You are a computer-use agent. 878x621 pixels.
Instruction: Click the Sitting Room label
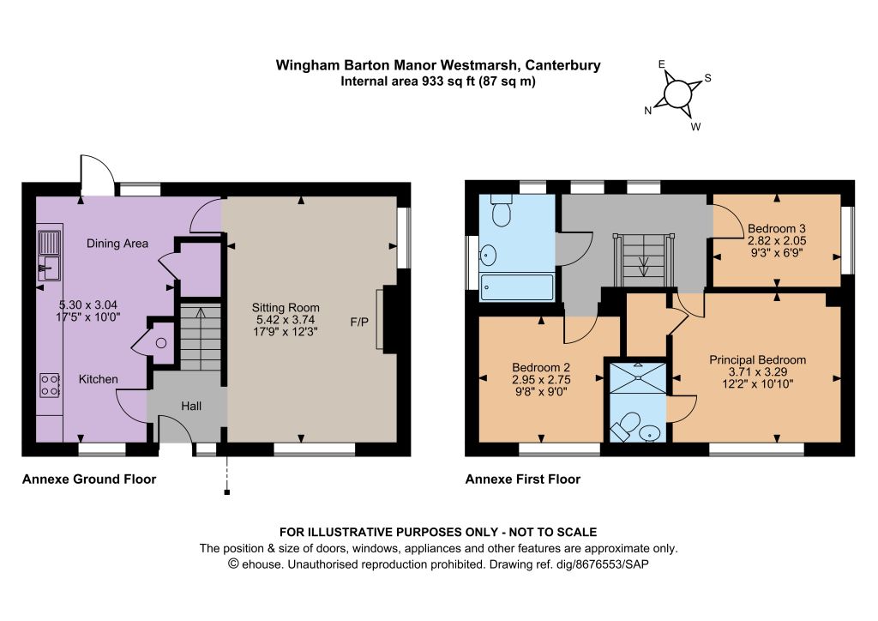286,307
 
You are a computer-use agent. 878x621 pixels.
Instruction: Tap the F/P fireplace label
359,322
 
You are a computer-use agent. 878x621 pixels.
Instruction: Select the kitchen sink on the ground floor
49,256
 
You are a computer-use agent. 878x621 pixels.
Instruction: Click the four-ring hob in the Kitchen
50,385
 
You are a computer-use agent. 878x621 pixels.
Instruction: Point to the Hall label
191,406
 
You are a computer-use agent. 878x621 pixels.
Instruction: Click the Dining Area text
117,244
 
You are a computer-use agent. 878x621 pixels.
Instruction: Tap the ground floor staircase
201,337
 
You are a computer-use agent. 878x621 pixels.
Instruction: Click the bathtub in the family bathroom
516,286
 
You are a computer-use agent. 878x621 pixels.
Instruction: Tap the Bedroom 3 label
777,228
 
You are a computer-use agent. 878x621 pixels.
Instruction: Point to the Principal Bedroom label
758,360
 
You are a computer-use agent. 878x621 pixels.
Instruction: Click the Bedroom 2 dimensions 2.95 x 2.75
542,380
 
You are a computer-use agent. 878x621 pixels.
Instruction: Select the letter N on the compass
648,111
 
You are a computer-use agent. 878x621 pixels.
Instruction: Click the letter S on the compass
707,78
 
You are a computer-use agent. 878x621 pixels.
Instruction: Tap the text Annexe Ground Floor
89,479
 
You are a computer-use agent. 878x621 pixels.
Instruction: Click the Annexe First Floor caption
523,479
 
